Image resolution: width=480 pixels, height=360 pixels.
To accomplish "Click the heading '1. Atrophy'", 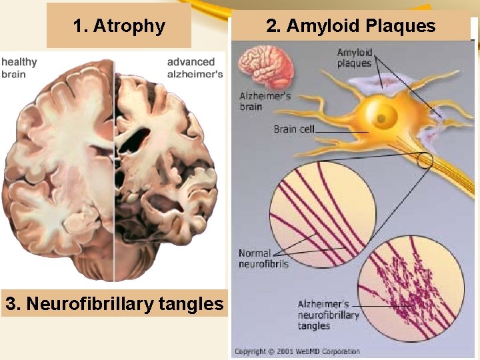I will (119, 26).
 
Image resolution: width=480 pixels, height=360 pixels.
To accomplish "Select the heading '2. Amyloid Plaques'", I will (350, 26).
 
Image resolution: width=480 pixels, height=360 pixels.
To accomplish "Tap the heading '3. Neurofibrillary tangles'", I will (114, 304).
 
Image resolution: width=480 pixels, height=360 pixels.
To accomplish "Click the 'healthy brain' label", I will (19, 67).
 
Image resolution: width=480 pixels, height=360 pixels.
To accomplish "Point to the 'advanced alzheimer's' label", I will (195, 67).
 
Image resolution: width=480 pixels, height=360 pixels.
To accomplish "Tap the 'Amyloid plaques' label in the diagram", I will (354, 58).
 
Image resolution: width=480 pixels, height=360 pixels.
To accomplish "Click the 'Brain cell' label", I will (293, 129).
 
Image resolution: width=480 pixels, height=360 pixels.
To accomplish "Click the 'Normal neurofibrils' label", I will (255, 258).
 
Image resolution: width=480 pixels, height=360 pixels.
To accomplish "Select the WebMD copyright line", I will (297, 351).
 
